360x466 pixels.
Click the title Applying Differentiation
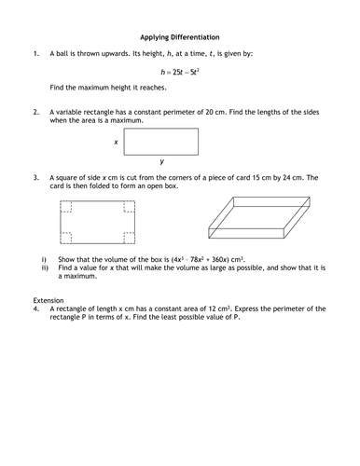[x=180, y=38]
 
